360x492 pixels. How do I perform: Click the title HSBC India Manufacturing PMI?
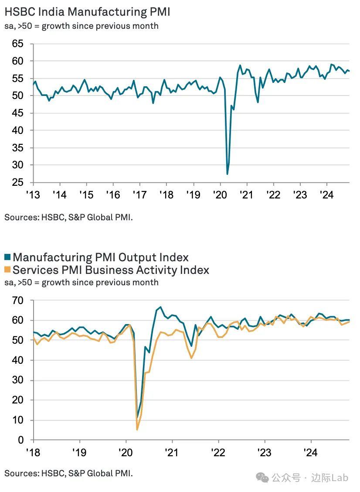(x=87, y=12)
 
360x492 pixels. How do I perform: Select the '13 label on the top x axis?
(x=33, y=195)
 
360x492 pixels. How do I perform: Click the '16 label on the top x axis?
(x=113, y=195)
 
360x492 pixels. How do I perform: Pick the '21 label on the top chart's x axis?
(x=247, y=195)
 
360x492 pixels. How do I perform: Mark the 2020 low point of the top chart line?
(x=228, y=174)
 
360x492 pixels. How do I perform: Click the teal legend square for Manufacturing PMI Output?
(x=8, y=257)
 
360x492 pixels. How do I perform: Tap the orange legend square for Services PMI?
(x=8, y=270)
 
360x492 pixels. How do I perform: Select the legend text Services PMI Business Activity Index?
(x=111, y=270)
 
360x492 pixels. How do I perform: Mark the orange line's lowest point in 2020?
(x=137, y=430)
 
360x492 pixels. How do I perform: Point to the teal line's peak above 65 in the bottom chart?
(x=160, y=307)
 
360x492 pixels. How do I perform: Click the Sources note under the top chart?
(x=68, y=216)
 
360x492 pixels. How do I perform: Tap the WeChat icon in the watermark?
(x=262, y=478)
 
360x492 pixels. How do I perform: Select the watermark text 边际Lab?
(x=333, y=478)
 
